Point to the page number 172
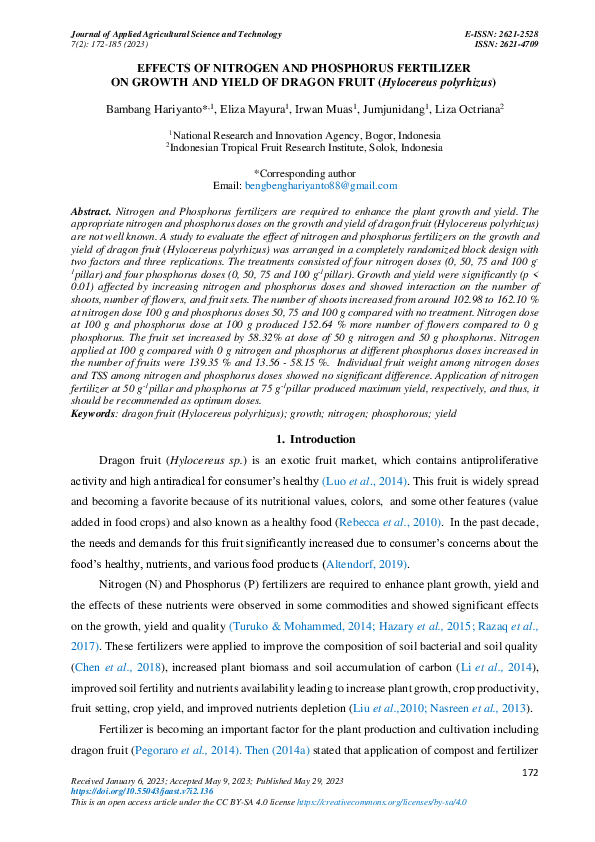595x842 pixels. point(532,774)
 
